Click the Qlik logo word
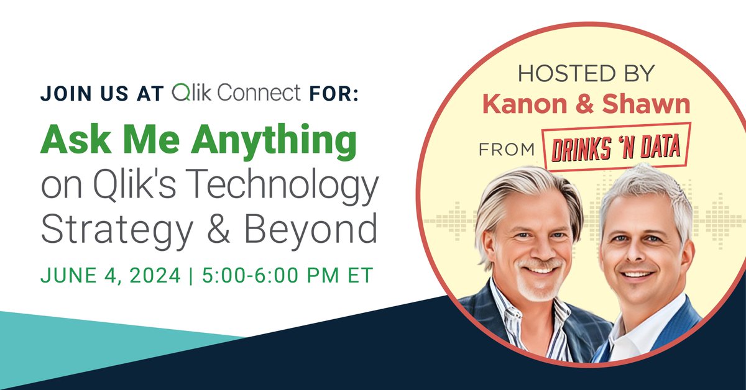coord(193,93)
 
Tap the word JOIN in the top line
coord(62,94)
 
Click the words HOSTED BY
coord(586,74)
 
